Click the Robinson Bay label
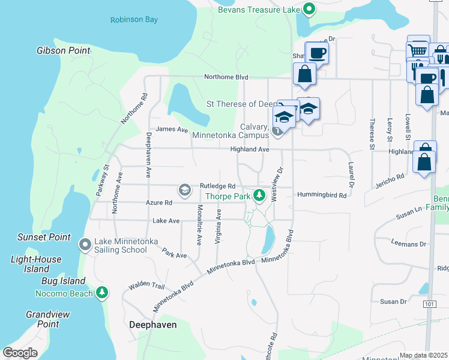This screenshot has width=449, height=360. pyautogui.click(x=134, y=20)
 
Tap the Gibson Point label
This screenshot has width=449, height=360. pyautogui.click(x=63, y=50)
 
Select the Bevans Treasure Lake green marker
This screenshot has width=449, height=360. pyautogui.click(x=309, y=8)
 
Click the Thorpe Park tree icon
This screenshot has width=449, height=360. pyautogui.click(x=259, y=195)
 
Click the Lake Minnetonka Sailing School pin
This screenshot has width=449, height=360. pyautogui.click(x=85, y=244)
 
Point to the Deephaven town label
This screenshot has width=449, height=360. pyautogui.click(x=152, y=324)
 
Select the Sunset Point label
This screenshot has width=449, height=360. pyautogui.click(x=44, y=237)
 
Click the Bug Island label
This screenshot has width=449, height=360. pyautogui.click(x=63, y=281)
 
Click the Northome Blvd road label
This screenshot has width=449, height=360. pyautogui.click(x=226, y=77)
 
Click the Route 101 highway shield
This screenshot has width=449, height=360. pyautogui.click(x=429, y=304)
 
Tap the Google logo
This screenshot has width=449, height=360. pyautogui.click(x=20, y=353)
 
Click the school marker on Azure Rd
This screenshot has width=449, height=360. pyautogui.click(x=185, y=191)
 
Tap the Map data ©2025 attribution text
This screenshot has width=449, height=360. pyautogui.click(x=423, y=355)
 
